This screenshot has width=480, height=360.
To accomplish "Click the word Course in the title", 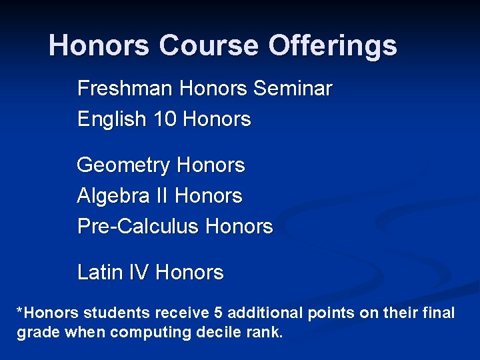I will (209, 46).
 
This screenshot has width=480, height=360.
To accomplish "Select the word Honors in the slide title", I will (99, 46).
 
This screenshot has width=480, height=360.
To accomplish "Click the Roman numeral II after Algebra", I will (162, 196).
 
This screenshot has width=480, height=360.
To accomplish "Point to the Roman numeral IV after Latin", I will (143, 273).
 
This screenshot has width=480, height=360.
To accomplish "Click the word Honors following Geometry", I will (212, 165).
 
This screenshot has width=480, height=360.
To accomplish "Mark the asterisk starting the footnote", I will (21, 311).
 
